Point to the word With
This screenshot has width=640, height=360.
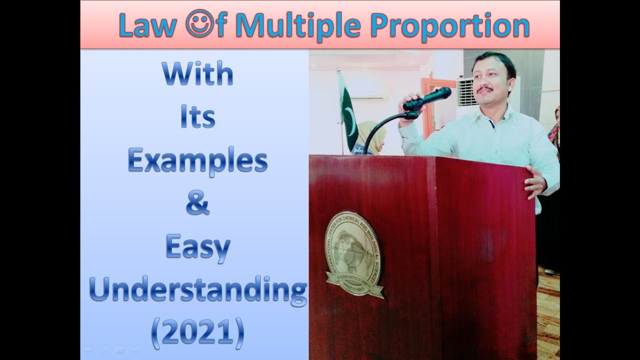tap(197, 74)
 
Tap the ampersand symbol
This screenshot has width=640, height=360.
tap(197, 204)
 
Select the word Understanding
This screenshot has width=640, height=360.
tap(197, 290)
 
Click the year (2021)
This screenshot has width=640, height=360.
tap(197, 332)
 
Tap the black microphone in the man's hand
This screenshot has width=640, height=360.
tap(427, 99)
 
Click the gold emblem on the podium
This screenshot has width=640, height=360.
tap(353, 254)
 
